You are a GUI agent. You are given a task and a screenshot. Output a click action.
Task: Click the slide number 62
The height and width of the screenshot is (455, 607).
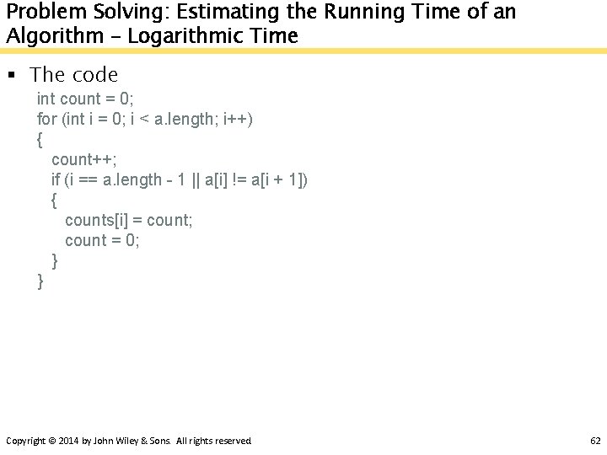[595, 441]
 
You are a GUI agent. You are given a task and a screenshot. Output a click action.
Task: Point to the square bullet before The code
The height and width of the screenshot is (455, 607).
[12, 75]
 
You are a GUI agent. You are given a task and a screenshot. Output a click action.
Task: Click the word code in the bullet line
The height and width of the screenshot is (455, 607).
[95, 75]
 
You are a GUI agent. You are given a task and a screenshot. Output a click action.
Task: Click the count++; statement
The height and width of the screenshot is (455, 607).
[84, 159]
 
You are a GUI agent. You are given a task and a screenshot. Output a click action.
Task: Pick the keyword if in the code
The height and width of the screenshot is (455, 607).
[56, 179]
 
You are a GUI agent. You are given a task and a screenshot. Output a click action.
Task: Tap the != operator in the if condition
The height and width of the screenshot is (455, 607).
[239, 179]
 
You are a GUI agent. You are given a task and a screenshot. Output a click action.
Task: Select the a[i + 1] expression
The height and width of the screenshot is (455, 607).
[280, 179]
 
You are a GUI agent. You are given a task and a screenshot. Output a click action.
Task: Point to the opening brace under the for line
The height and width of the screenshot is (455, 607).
[40, 139]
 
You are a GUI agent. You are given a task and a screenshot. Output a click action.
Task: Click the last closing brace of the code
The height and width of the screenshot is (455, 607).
[40, 281]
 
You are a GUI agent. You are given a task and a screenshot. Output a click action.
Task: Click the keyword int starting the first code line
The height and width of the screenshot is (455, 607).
[47, 99]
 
